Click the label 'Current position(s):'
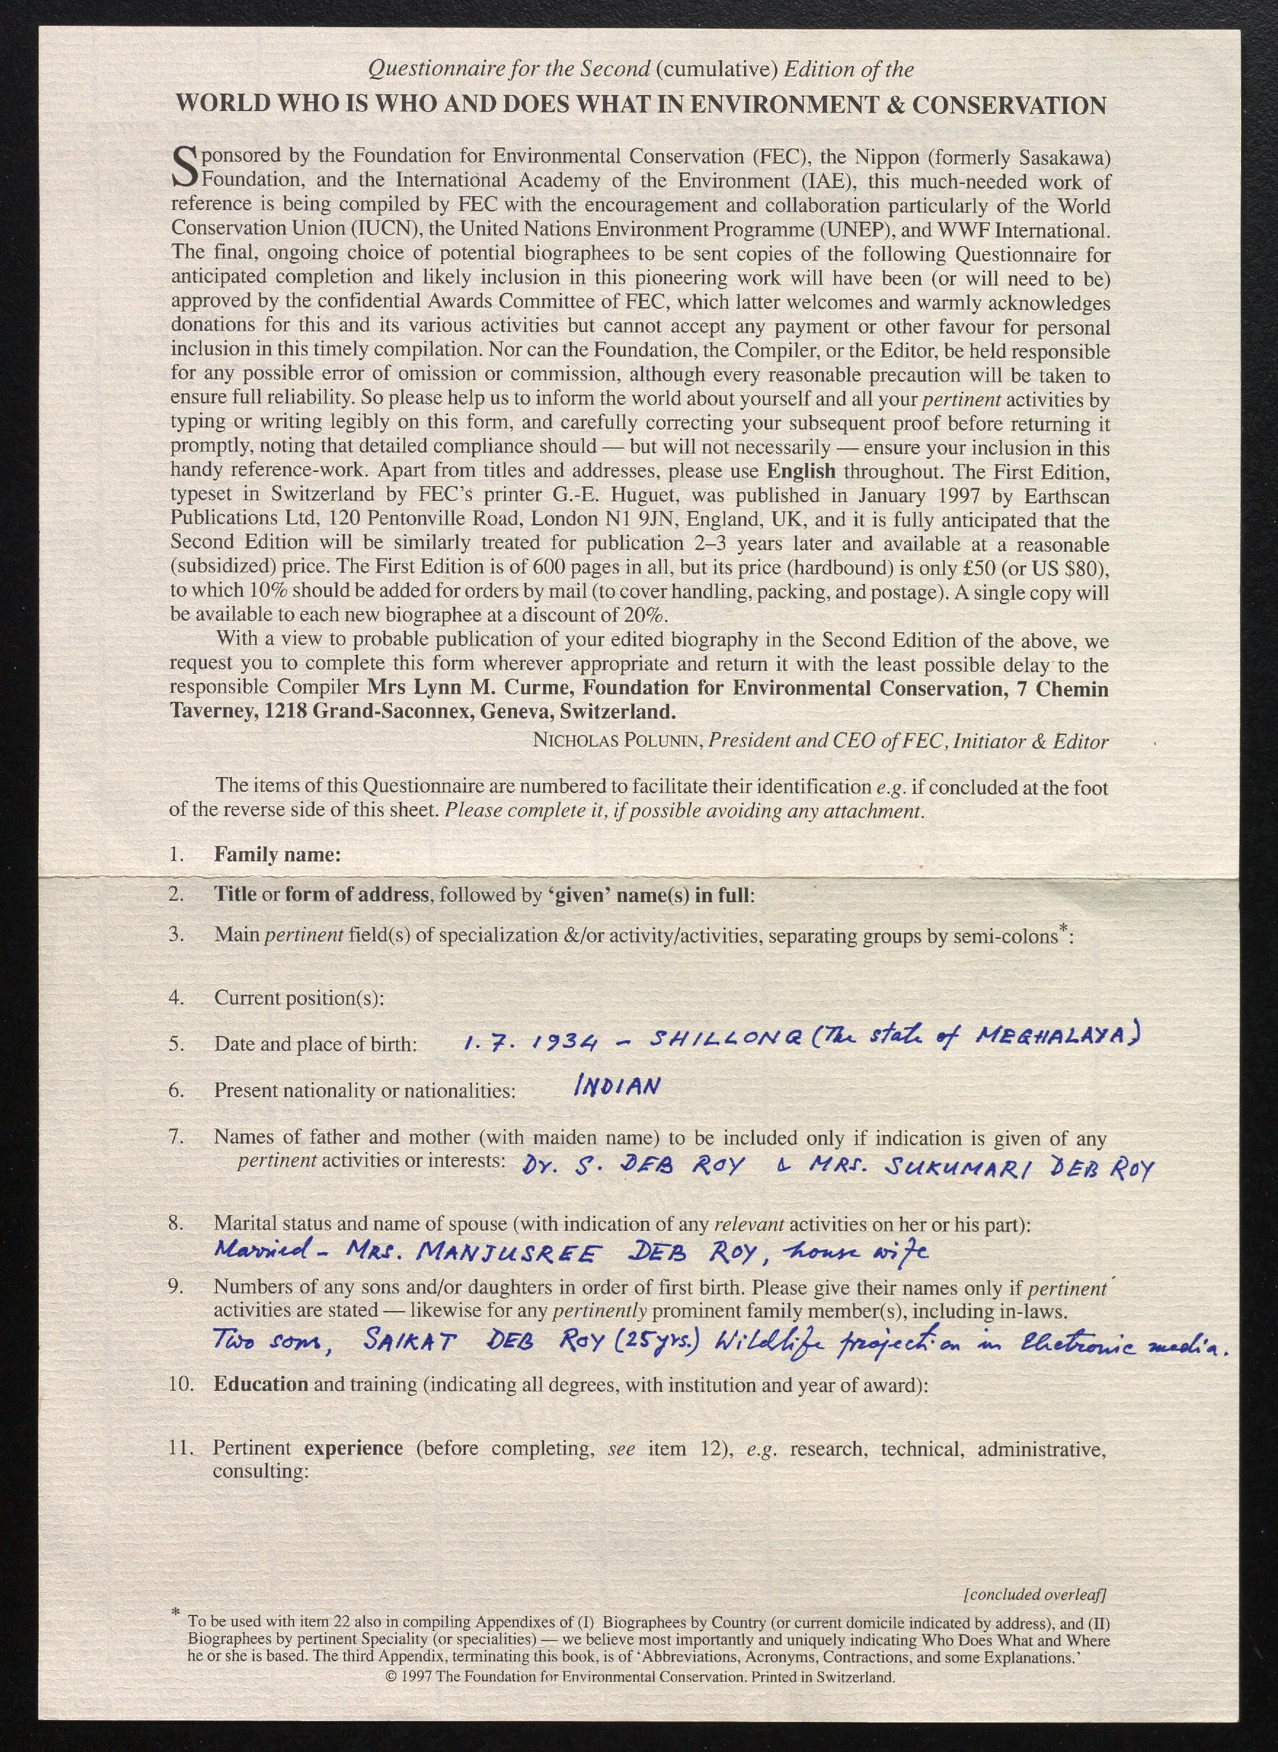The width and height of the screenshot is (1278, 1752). [x=299, y=997]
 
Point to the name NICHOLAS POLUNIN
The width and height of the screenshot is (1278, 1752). [x=616, y=741]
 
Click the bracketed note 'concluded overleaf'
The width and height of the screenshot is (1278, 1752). [x=1035, y=1595]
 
